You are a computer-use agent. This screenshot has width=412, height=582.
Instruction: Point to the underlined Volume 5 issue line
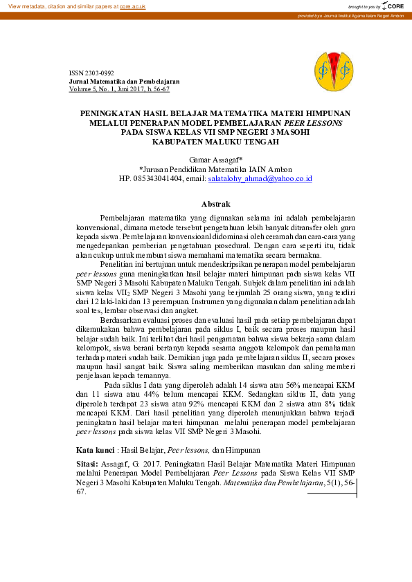[119, 89]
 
